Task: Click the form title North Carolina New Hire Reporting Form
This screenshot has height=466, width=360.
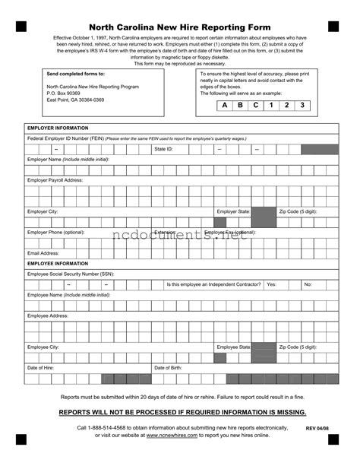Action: [181, 26]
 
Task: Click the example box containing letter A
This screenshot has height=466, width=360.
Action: [225, 105]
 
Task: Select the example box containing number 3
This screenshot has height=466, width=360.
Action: [303, 105]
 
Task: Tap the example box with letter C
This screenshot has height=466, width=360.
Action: [256, 105]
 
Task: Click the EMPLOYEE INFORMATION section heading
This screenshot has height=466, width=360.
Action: [58, 264]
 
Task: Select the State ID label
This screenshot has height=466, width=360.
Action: [164, 150]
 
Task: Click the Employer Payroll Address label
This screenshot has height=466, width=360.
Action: [55, 180]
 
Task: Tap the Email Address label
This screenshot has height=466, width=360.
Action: [43, 253]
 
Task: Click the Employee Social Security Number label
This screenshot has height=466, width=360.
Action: [71, 274]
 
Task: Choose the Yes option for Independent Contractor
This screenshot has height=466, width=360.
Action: [272, 284]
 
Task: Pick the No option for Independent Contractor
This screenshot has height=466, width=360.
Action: [308, 284]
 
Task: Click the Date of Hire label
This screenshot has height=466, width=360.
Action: [41, 368]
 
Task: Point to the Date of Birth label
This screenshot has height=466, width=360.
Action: [168, 368]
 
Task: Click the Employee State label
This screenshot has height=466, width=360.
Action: [234, 347]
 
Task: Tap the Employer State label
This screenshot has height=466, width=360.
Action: [234, 211]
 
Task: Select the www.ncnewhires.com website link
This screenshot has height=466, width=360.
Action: [168, 436]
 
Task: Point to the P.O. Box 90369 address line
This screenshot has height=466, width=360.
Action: [63, 93]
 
